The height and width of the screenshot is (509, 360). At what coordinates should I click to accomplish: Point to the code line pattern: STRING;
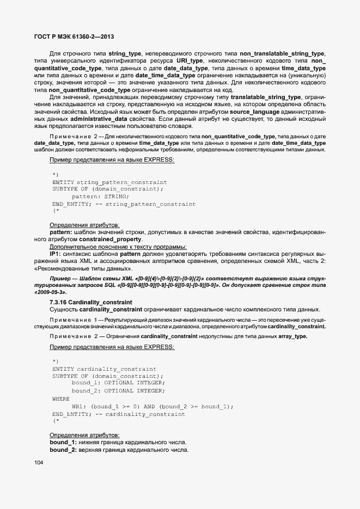[x=100, y=196]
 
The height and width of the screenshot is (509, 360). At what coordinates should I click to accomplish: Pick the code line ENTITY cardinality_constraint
[x=104, y=369]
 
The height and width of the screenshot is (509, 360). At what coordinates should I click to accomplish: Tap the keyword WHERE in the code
[x=61, y=398]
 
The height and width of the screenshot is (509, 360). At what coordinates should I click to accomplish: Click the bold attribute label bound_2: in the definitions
[x=63, y=450]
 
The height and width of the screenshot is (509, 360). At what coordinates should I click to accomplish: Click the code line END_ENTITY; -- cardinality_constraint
[x=119, y=414]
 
